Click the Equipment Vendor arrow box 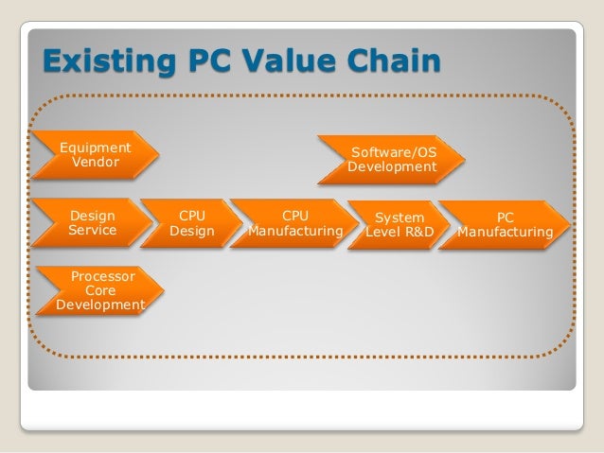coord(95,155)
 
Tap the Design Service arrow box coord(92,223)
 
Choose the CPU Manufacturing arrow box coord(294,223)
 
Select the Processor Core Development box coord(99,291)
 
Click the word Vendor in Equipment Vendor coord(95,163)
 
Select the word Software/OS coord(393,151)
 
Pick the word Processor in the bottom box coord(102,277)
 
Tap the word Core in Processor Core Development coord(100,291)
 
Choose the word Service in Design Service coord(92,231)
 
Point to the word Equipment coord(95,148)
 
